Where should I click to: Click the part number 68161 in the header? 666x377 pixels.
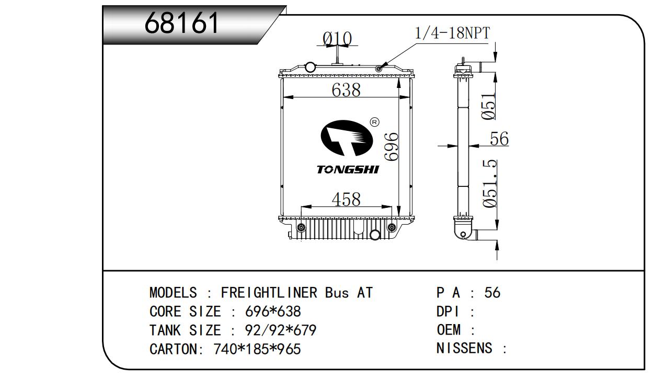coord(181,23)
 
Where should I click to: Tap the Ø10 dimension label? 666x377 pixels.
coord(337,38)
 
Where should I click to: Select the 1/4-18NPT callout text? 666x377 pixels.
coord(452,33)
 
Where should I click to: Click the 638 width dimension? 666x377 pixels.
coord(346,90)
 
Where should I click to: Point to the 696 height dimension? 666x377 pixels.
coord(391,147)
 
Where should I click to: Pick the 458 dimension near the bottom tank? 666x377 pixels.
coord(346,199)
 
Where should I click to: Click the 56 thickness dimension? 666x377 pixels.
coord(499,138)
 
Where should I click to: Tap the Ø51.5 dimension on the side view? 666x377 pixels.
coord(490,184)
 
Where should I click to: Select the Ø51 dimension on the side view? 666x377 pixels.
coord(488,106)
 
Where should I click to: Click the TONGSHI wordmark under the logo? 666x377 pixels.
coord(348,170)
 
